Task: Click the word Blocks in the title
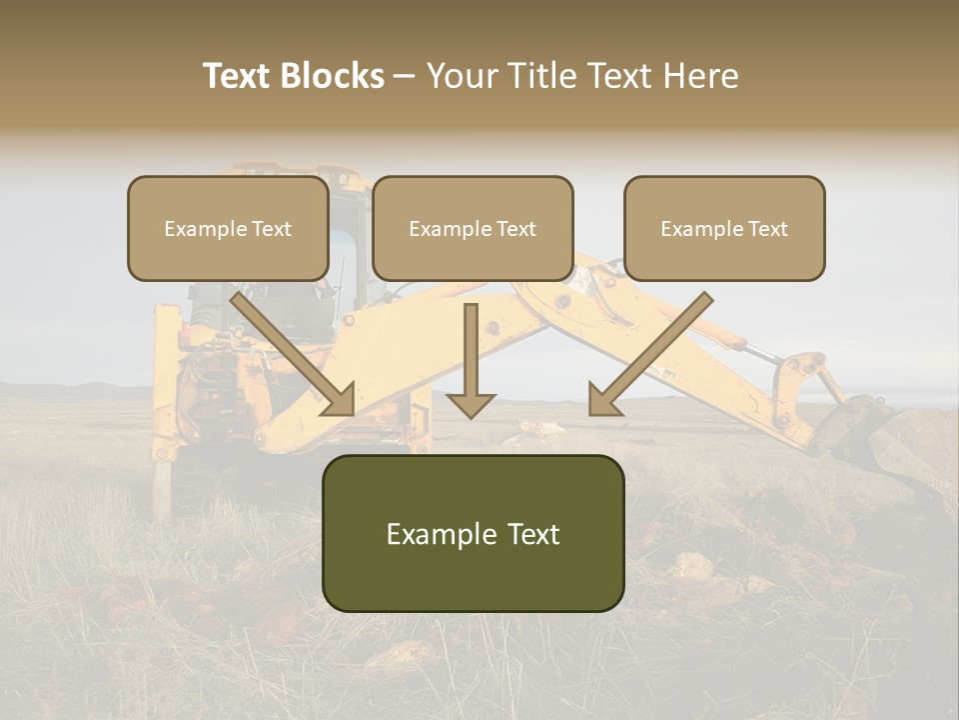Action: [x=332, y=76]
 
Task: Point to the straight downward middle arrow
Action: [x=471, y=360]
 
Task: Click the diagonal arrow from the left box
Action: [x=292, y=352]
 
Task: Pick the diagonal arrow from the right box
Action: [x=650, y=352]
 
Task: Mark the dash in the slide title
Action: [x=405, y=77]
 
